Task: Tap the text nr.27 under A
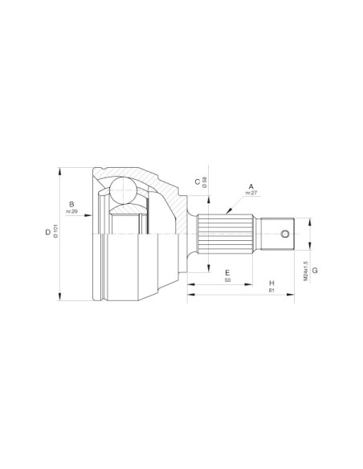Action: tap(251, 194)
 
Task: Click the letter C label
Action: tap(197, 182)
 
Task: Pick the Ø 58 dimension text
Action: tap(206, 182)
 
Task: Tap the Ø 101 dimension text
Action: tap(55, 234)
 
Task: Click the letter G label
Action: tap(315, 271)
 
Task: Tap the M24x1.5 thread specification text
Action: tap(306, 271)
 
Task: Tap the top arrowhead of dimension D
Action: tap(60, 170)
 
